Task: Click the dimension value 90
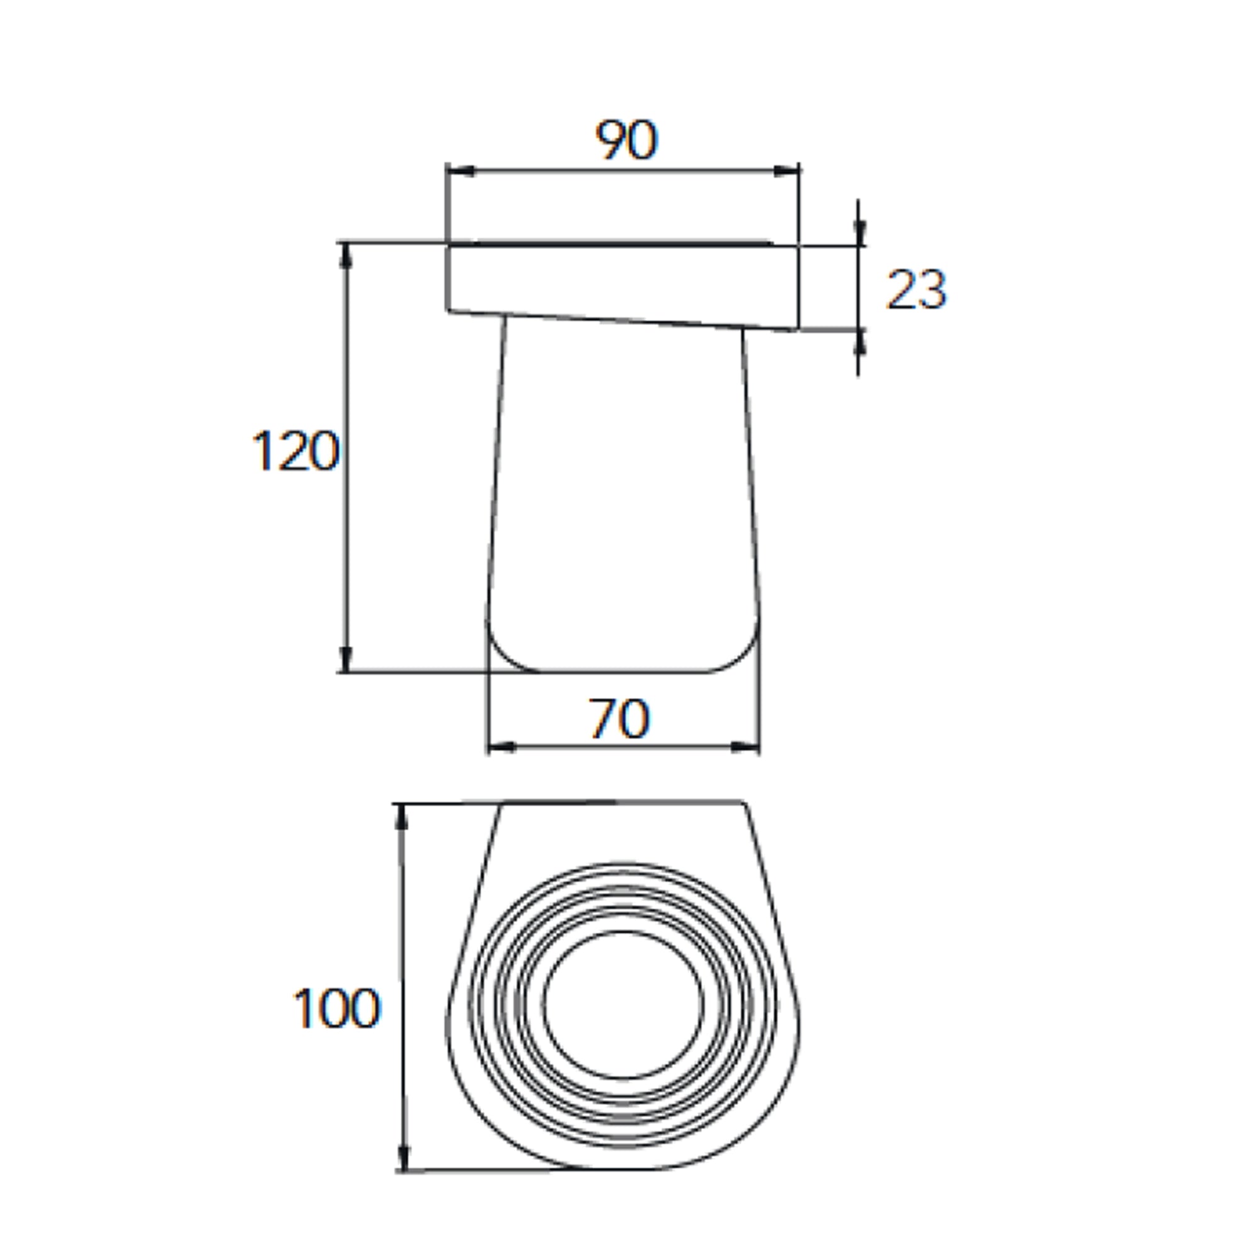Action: click(x=627, y=140)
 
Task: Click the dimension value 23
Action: click(x=915, y=290)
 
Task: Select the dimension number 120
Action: click(x=295, y=450)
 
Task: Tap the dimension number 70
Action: click(x=619, y=719)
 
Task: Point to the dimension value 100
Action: click(x=336, y=1008)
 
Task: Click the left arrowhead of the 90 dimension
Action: click(x=459, y=171)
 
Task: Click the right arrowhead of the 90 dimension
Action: click(x=786, y=171)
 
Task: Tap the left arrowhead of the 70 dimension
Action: click(x=501, y=747)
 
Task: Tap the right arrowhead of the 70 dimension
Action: click(x=746, y=747)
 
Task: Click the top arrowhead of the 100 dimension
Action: click(x=403, y=816)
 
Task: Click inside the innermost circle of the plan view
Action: click(x=624, y=1004)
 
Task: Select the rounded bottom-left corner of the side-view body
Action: click(x=503, y=652)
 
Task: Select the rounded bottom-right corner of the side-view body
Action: click(x=743, y=652)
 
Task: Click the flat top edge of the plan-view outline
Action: click(x=623, y=803)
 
